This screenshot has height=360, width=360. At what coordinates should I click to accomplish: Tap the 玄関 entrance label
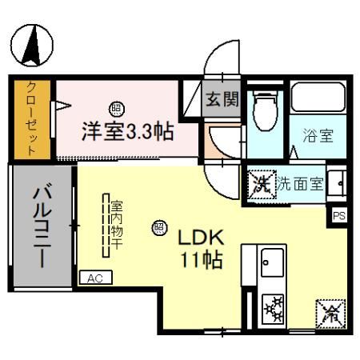click(222, 99)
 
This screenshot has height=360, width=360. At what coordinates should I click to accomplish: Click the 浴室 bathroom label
click(317, 135)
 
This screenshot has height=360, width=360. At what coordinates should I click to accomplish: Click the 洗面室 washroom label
click(300, 183)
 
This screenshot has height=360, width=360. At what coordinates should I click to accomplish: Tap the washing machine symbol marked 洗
click(261, 183)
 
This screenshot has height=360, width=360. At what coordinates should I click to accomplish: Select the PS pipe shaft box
click(339, 214)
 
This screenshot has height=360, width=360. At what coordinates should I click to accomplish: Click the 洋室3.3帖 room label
click(126, 130)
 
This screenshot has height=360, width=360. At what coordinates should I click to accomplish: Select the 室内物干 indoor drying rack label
click(116, 223)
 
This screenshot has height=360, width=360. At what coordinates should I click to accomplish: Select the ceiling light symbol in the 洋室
click(115, 109)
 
